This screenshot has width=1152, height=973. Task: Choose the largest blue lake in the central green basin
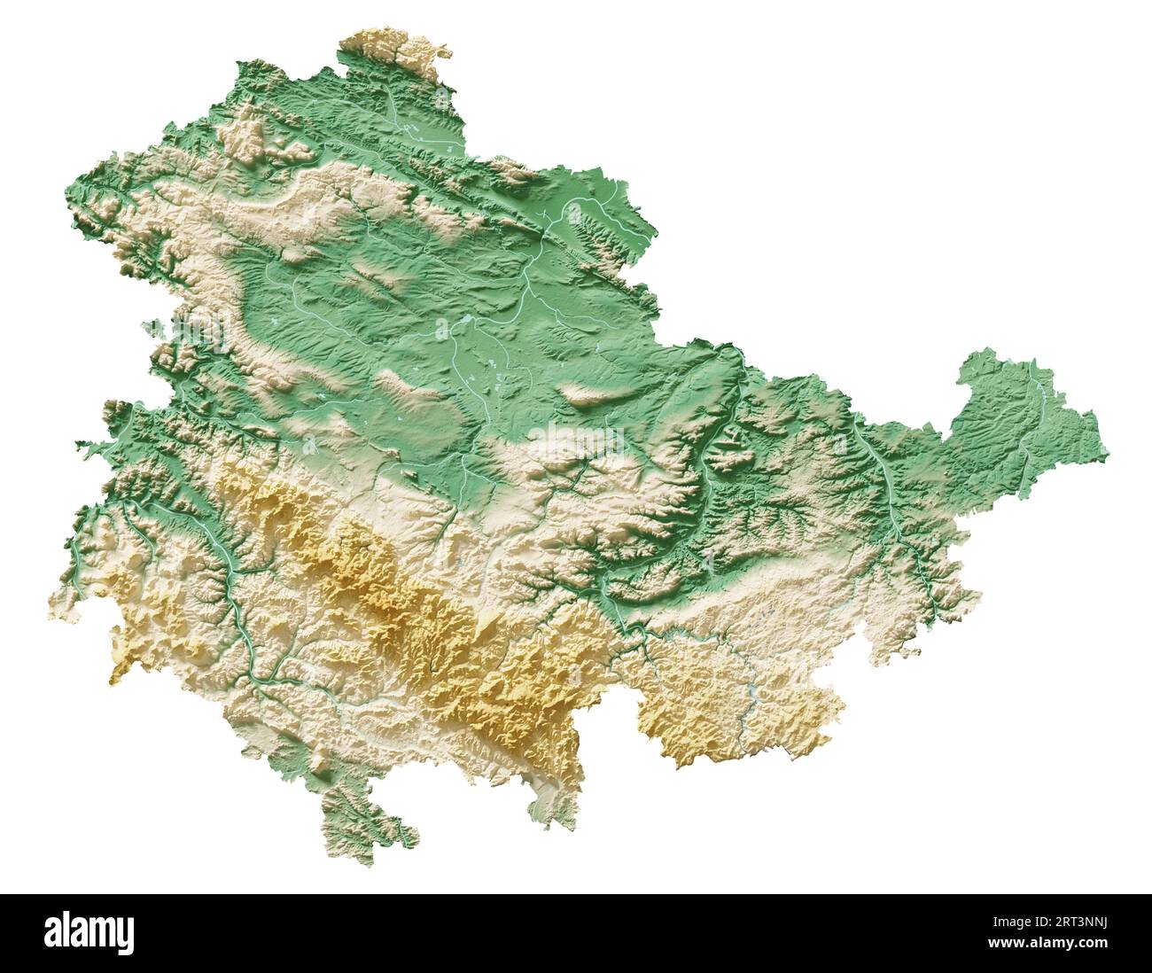pos(466,318)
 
